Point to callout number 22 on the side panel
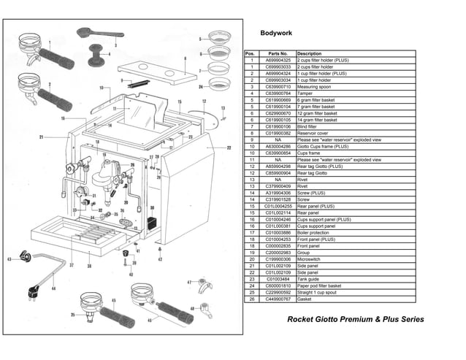pyautogui.click(x=228, y=148)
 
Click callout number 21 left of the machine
pyautogui.click(x=42, y=137)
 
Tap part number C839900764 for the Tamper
pyautogui.click(x=278, y=93)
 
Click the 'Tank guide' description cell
pyautogui.click(x=312, y=279)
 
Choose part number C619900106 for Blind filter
pyautogui.click(x=278, y=126)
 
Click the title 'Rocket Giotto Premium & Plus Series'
pyautogui.click(x=355, y=320)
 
